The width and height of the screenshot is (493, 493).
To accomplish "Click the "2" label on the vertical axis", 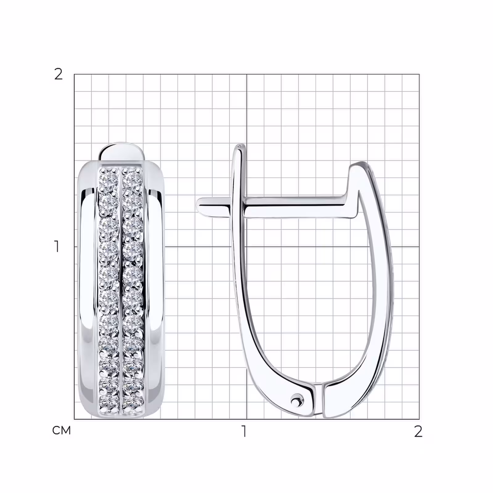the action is click(58, 74).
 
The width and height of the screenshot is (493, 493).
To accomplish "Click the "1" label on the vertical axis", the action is click(57, 246).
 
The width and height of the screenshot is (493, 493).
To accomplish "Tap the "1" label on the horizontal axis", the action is click(244, 431).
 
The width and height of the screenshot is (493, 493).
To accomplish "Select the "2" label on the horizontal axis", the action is click(418, 431).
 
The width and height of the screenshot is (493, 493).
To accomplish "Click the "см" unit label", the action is click(61, 430).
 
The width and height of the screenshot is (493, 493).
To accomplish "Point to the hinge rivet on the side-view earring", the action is click(296, 401).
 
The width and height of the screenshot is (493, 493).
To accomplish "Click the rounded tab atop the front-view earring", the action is click(121, 152).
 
